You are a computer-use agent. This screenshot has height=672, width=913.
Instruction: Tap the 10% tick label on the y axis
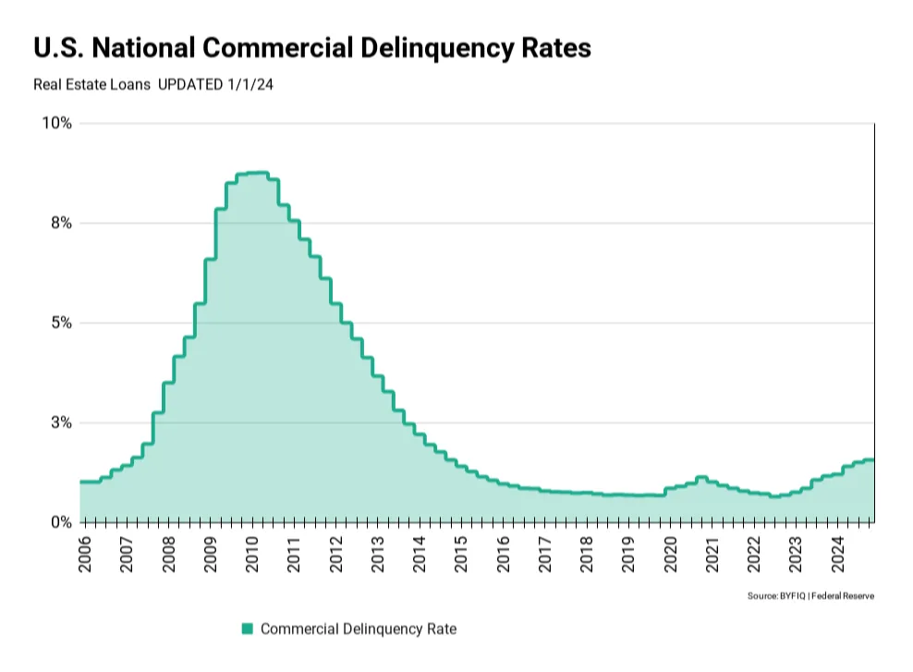pos(56,123)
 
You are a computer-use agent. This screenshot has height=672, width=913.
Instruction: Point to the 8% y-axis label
pos(61,223)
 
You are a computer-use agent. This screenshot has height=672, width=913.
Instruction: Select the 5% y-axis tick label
pos(61,323)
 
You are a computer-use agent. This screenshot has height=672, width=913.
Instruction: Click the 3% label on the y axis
pos(61,422)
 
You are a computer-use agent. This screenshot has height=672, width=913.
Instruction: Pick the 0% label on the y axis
pos(61,522)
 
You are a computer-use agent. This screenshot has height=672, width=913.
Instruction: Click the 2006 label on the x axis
pos(85,552)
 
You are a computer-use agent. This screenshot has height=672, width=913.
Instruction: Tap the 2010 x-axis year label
pos(252,552)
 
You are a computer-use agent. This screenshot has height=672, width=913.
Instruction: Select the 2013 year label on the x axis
pos(378,552)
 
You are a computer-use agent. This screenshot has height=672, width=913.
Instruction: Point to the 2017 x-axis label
pos(545,552)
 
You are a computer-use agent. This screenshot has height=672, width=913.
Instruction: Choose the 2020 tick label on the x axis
pos(671,552)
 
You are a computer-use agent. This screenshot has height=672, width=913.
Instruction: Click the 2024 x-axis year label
pos(838,552)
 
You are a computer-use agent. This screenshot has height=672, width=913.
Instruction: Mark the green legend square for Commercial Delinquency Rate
pos(247,629)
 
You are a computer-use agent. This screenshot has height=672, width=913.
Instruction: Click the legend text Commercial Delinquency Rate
pos(359,629)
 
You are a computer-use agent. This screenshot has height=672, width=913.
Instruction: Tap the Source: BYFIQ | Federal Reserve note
pos(810,596)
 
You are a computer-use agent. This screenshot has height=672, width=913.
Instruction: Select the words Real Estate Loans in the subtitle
pos(91,84)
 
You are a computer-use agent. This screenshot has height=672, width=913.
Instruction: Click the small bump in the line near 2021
pos(701,478)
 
